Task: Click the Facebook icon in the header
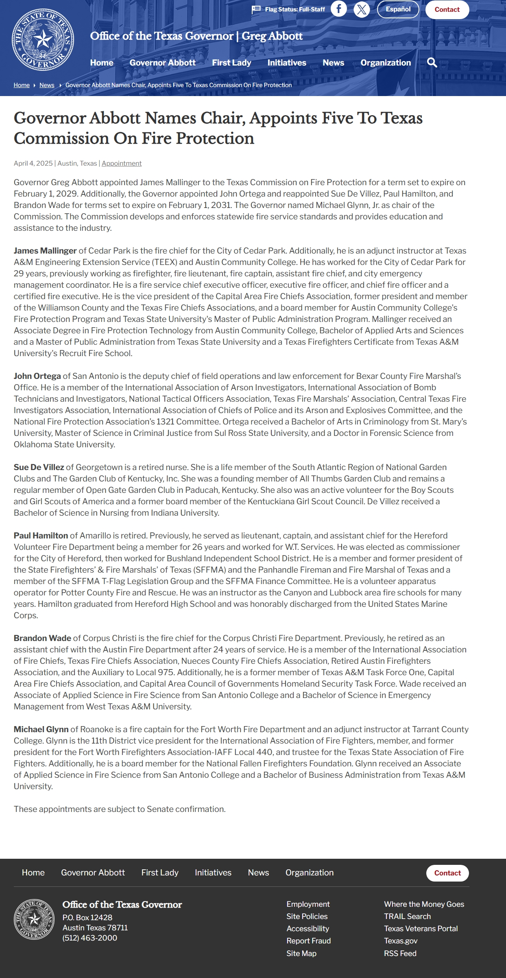338,9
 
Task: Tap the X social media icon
362,9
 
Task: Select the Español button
398,9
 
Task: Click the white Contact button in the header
447,10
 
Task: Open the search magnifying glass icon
432,63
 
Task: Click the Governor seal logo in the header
43,40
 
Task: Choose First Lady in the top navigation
231,63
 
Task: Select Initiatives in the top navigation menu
287,63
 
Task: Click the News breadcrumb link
47,85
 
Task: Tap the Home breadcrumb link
22,85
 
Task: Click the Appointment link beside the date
122,163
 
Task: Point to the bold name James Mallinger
45,251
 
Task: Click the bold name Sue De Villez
39,467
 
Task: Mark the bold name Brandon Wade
42,638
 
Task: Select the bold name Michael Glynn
41,729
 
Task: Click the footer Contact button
447,873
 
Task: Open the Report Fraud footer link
309,941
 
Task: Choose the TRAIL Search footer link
407,917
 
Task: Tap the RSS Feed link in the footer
400,954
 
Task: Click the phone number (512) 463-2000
90,938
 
